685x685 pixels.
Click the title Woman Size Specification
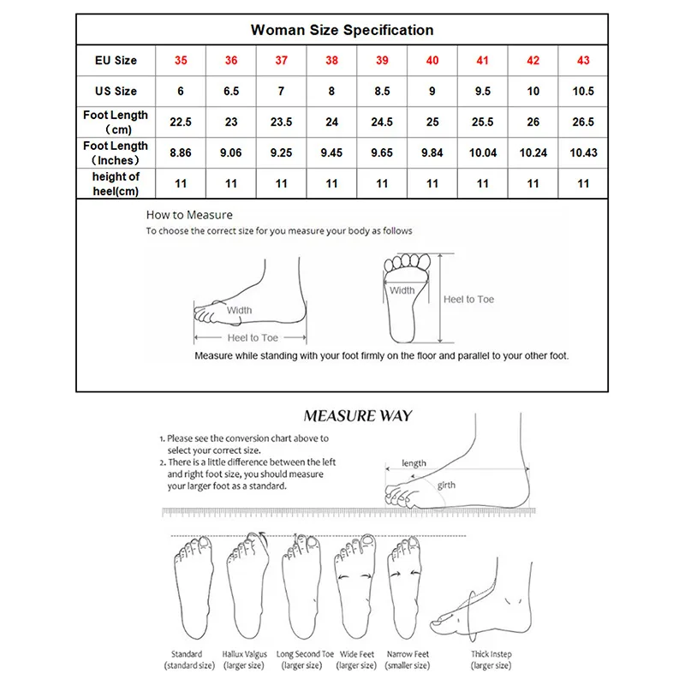pyautogui.click(x=342, y=30)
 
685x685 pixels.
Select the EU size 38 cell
pyautogui.click(x=331, y=61)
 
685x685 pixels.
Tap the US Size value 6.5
pyautogui.click(x=231, y=92)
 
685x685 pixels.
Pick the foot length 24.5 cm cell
pyautogui.click(x=382, y=122)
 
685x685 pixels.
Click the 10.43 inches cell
pyautogui.click(x=583, y=152)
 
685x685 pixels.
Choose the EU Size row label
pyautogui.click(x=116, y=61)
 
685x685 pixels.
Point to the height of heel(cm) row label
pyautogui.click(x=116, y=183)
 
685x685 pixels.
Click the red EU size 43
pyautogui.click(x=583, y=61)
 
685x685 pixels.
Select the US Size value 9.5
pyautogui.click(x=482, y=92)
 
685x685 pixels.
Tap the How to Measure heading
pyautogui.click(x=189, y=215)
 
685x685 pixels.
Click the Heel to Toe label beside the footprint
pyautogui.click(x=468, y=299)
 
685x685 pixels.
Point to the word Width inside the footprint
pyautogui.click(x=402, y=290)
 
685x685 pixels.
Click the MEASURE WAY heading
pyautogui.click(x=358, y=417)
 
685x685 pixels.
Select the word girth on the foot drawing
pyautogui.click(x=447, y=485)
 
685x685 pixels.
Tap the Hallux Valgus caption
pyautogui.click(x=244, y=654)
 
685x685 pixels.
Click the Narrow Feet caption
pyautogui.click(x=408, y=654)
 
